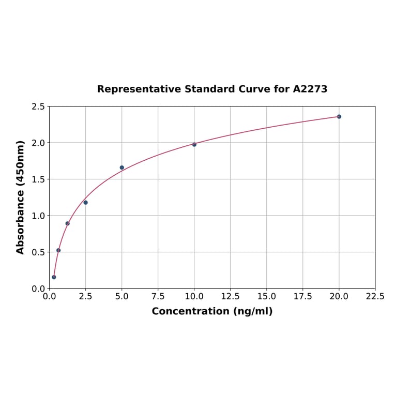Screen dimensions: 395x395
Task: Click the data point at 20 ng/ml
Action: click(339, 116)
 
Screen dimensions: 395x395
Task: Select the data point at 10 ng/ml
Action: click(194, 144)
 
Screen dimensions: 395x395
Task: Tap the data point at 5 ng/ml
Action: click(122, 168)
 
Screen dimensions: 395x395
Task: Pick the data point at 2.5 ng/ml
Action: click(86, 203)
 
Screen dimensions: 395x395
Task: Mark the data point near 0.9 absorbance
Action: click(67, 223)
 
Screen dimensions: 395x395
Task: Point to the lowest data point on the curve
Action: click(54, 277)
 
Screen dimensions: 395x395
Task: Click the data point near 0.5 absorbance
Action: click(58, 250)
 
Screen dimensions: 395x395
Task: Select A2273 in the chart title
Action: click(310, 89)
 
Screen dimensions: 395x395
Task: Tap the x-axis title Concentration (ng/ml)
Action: click(212, 311)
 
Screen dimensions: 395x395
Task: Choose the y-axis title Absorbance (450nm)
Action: click(21, 197)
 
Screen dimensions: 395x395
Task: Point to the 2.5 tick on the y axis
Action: click(38, 107)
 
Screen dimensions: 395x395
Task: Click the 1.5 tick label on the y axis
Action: click(38, 179)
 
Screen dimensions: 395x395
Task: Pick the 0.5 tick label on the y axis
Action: click(38, 252)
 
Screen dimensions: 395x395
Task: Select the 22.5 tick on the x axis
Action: click(375, 297)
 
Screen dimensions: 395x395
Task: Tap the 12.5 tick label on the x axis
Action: click(231, 297)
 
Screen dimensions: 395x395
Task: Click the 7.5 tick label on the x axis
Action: click(158, 297)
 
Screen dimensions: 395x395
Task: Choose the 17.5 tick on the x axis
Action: click(303, 297)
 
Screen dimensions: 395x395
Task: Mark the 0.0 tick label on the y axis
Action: click(38, 288)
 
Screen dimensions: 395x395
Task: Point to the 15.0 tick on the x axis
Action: click(267, 297)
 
